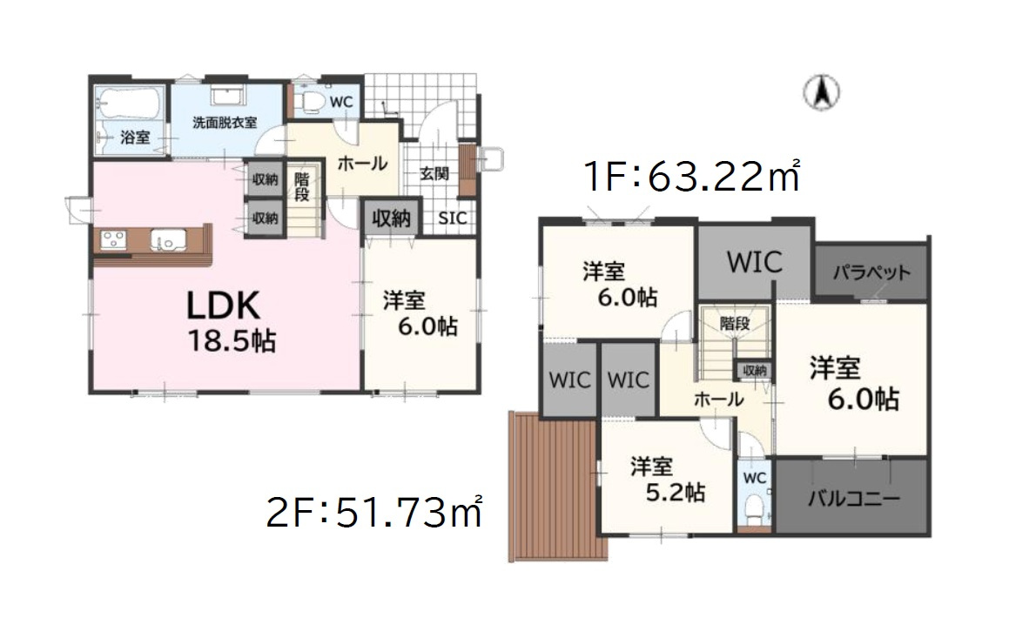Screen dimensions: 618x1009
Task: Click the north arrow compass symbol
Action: [x=820, y=92]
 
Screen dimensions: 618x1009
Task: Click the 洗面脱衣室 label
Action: [x=225, y=123]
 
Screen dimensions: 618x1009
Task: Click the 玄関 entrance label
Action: [x=434, y=173]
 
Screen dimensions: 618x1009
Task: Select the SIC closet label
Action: [x=451, y=218]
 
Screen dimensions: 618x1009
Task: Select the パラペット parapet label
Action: [x=871, y=272]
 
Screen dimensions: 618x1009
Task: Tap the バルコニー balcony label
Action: [x=853, y=500]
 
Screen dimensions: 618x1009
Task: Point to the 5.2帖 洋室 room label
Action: [x=667, y=479]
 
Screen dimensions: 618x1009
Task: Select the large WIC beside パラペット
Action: [x=754, y=262]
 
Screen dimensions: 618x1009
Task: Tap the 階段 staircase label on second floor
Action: [x=734, y=323]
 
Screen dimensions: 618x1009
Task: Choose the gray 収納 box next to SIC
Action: [x=392, y=218]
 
